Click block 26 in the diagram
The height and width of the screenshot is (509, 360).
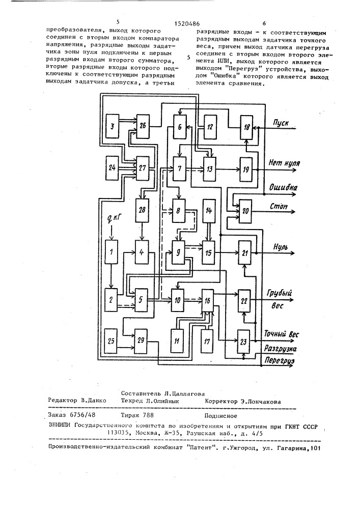[143, 126]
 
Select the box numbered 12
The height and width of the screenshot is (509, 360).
[210, 126]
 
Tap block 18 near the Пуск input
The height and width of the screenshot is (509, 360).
[246, 127]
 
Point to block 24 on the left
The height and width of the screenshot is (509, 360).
[112, 168]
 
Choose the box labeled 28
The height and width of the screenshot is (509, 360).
[142, 210]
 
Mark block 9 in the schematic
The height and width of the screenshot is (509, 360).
[178, 252]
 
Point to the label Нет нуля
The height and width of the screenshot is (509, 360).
[284, 163]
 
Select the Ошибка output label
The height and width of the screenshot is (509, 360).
[283, 188]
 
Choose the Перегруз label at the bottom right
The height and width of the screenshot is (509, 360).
[279, 360]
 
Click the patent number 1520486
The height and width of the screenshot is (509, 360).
[187, 23]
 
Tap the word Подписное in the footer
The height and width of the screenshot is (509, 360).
[221, 415]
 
